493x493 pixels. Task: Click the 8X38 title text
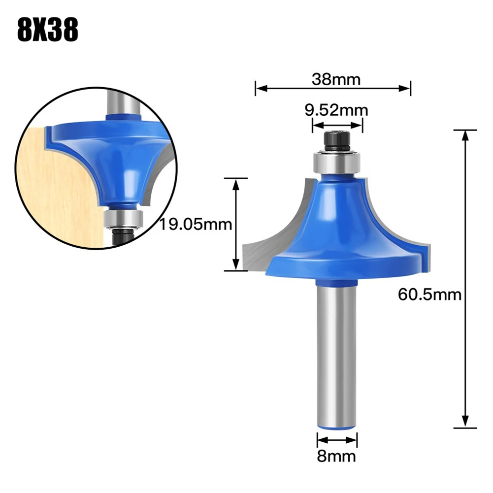click(x=48, y=31)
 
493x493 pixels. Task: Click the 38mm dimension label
click(x=336, y=79)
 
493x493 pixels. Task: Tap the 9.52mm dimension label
click(x=336, y=110)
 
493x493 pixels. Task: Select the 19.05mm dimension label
click(x=195, y=225)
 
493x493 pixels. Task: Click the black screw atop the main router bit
click(x=337, y=142)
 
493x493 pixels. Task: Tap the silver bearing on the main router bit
click(x=337, y=162)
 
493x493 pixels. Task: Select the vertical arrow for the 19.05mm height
click(x=235, y=225)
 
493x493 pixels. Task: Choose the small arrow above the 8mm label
click(x=337, y=439)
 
